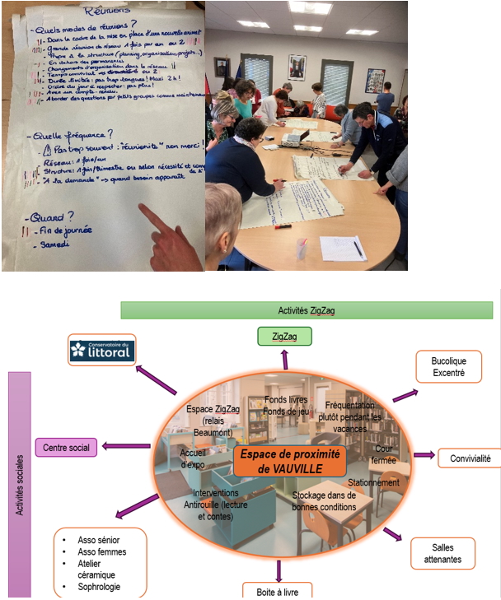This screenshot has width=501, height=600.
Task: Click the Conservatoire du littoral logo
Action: click(102, 350)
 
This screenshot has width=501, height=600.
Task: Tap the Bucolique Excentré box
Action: click(448, 366)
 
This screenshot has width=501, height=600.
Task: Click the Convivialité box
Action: click(466, 458)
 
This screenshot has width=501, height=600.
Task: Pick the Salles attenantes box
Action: click(442, 553)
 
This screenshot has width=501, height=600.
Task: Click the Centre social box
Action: click(67, 447)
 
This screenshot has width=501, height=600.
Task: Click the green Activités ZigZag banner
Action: click(306, 310)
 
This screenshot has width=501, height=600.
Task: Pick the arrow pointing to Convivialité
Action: click(422, 454)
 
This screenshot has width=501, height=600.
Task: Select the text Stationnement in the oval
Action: click(373, 482)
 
